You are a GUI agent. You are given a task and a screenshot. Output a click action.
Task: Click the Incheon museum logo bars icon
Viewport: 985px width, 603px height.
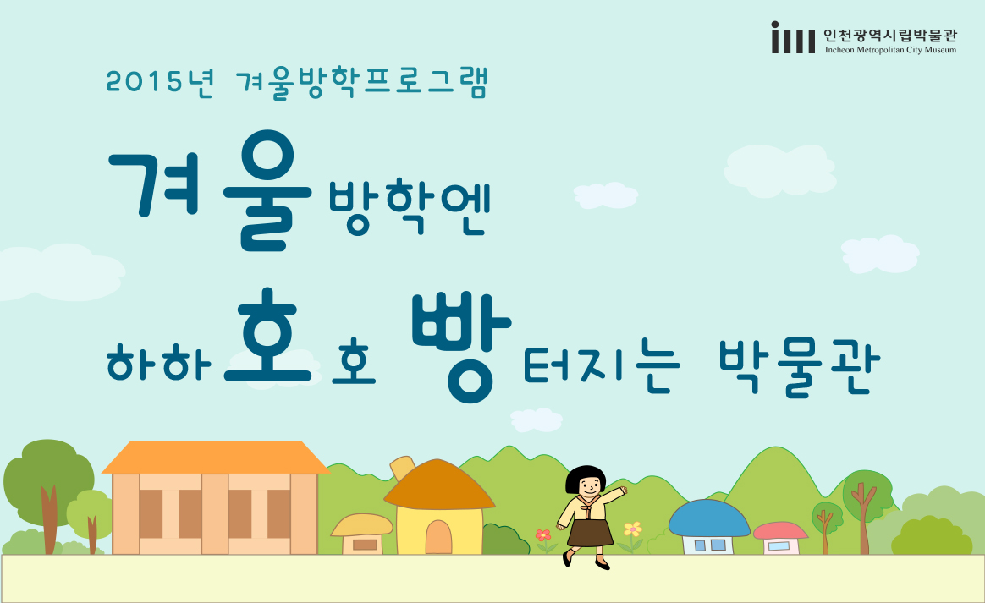pos(793,37)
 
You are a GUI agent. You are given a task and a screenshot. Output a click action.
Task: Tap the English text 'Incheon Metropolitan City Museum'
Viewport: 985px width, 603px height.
pos(890,50)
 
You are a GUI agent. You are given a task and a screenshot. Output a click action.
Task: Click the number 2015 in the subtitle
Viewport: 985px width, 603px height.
pos(146,82)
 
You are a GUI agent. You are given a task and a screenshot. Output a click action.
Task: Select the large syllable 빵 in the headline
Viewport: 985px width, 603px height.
pos(461,348)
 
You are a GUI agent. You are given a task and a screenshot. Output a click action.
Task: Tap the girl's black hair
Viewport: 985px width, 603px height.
pos(586,479)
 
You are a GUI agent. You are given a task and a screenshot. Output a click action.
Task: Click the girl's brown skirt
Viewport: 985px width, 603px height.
pos(589,531)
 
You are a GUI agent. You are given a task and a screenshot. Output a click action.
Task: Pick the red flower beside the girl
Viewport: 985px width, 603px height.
pos(543,536)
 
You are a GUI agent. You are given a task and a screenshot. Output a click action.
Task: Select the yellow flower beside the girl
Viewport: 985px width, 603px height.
pos(633,529)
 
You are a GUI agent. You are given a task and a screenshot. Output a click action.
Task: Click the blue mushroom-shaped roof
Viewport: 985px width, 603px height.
pos(709,518)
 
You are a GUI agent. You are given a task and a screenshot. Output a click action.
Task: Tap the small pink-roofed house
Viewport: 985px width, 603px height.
pos(780,539)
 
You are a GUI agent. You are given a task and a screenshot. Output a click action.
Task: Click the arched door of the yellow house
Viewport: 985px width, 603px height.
pos(438,537)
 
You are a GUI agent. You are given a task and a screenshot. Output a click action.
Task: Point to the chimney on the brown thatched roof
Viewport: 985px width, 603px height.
pos(403,468)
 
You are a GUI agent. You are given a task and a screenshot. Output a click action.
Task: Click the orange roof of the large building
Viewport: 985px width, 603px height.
pos(216,458)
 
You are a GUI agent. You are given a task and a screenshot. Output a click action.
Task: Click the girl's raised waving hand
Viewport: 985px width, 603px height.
pos(622,491)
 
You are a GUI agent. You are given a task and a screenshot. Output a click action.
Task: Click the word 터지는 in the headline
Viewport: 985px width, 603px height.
pos(602,369)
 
